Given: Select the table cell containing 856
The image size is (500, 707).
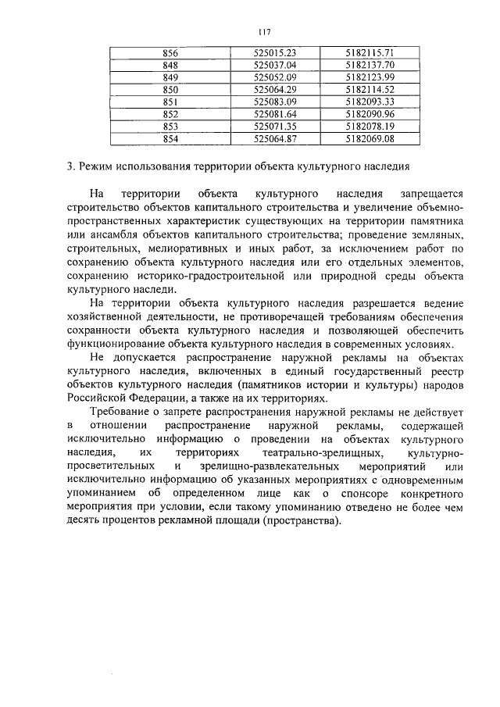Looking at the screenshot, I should click(x=170, y=52).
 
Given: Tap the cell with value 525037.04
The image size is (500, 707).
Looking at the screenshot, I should click(x=276, y=65).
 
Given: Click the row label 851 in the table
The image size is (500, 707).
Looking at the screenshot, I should click(x=170, y=102).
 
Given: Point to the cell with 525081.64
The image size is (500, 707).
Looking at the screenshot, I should click(x=276, y=114).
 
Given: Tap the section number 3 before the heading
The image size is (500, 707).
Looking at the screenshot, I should click(x=70, y=166).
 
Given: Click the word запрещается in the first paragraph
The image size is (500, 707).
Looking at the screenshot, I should click(x=433, y=193).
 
